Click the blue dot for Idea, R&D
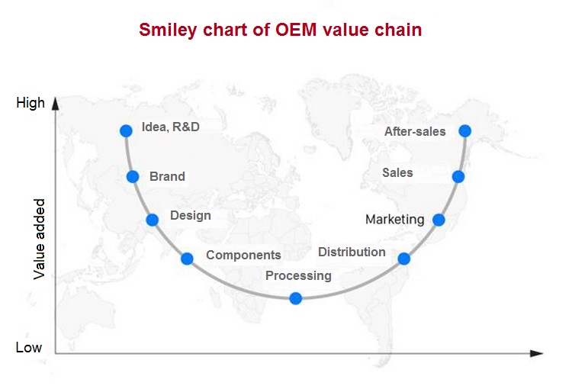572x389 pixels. click(126, 130)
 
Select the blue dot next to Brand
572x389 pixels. click(133, 177)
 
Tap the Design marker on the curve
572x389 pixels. click(152, 220)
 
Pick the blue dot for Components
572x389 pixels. click(187, 259)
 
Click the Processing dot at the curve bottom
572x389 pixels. click(295, 298)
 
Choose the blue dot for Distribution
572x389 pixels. click(403, 259)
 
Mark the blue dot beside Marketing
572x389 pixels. click(439, 220)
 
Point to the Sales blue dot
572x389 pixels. click(458, 177)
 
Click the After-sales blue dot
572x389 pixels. click(464, 130)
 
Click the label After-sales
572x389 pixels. click(415, 131)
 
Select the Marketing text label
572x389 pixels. click(395, 220)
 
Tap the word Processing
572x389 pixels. click(298, 275)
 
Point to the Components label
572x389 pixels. click(243, 255)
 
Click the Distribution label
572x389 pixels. click(352, 252)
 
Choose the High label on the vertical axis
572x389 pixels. click(31, 103)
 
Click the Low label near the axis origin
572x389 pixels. click(29, 347)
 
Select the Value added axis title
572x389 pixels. click(39, 239)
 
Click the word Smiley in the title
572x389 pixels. click(169, 30)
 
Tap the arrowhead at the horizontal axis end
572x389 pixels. click(537, 353)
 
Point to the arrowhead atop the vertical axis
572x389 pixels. click(55, 103)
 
